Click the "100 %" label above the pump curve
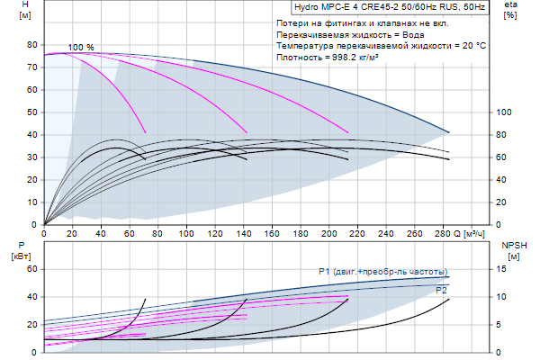click(81, 47)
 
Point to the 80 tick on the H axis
click(33, 44)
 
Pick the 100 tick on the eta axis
click(504, 112)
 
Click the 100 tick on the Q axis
click(186, 233)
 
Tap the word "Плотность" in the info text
click(298, 56)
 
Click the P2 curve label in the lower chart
click(441, 290)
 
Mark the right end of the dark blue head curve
click(448, 132)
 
